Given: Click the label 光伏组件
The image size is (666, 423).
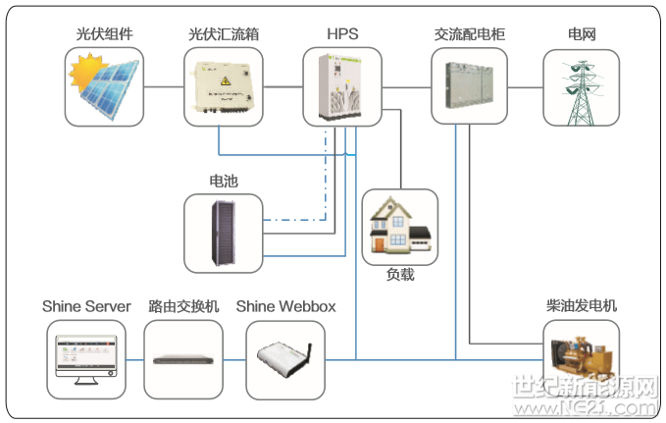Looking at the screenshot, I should (x=104, y=34).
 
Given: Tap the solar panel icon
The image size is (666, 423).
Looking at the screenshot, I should (x=104, y=87).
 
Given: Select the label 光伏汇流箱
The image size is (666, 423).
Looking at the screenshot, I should (x=224, y=34).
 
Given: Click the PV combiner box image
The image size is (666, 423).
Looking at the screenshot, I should (x=224, y=87).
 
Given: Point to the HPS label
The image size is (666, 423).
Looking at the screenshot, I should (x=342, y=34).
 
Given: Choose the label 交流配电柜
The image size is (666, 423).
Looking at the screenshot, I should (x=470, y=34).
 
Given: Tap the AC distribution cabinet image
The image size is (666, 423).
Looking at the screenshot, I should (x=470, y=87).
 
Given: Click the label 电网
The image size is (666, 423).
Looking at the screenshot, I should (x=582, y=34).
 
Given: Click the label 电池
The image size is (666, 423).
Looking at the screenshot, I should (x=224, y=182).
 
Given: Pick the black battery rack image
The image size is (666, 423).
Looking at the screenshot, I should (x=224, y=233).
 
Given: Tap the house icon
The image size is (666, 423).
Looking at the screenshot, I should (x=399, y=229).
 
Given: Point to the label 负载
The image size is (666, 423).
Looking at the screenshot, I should (x=400, y=275).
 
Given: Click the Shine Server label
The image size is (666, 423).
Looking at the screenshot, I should (x=86, y=307).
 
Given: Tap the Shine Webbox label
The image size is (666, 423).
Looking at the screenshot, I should (x=285, y=307).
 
